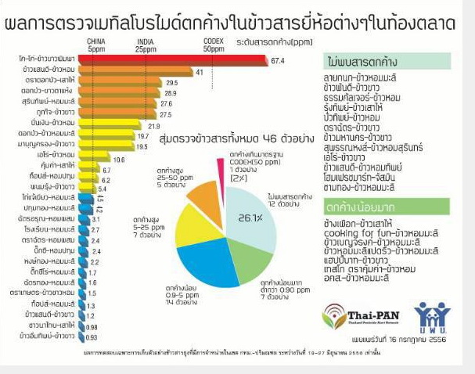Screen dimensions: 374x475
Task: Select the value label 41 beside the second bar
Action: [200, 71]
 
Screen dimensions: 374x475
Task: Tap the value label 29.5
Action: [172, 82]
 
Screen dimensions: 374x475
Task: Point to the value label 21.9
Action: [153, 125]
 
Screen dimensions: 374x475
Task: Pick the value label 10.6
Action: [119, 159]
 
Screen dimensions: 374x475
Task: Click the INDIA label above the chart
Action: [146, 41]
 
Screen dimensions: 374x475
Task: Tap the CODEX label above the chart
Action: [213, 41]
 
